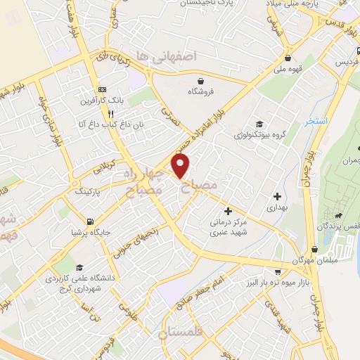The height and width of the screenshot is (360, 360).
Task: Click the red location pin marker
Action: tap(181, 166)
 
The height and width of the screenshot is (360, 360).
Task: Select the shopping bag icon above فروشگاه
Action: tap(200, 80)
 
